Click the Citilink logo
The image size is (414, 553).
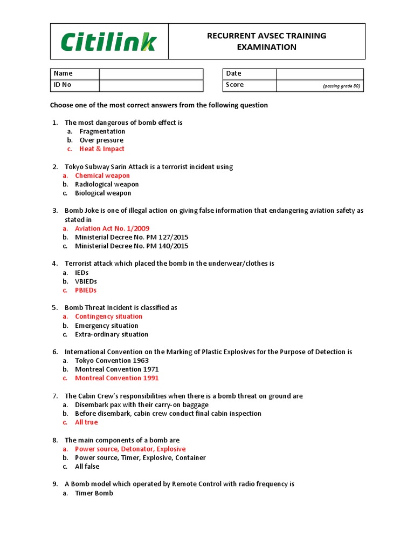point(108,42)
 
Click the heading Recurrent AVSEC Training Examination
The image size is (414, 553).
point(267,42)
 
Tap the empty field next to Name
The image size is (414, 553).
point(151,74)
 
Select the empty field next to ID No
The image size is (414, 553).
point(151,85)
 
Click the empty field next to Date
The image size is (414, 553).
point(320,74)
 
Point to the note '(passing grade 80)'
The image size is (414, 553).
point(341,86)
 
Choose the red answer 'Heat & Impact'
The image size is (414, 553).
point(102,149)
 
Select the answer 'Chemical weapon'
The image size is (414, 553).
point(102,176)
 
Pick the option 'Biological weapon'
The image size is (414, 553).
point(103,193)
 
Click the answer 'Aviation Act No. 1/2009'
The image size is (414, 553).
point(112,228)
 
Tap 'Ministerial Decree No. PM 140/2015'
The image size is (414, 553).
point(132,246)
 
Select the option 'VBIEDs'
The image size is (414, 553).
point(86,281)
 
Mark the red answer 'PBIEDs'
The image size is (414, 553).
point(86,291)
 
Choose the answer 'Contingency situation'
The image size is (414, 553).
point(109,316)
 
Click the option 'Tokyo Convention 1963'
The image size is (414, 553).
point(112,361)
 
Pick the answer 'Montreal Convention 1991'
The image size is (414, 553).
point(117,378)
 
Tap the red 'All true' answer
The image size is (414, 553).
point(86,422)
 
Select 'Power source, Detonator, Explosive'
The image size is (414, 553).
point(130,449)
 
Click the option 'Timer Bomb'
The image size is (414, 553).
point(94,493)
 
